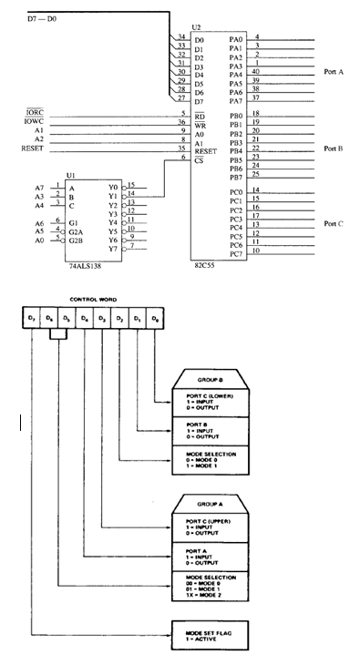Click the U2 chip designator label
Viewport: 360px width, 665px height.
click(x=196, y=29)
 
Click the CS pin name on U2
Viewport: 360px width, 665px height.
click(x=199, y=159)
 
